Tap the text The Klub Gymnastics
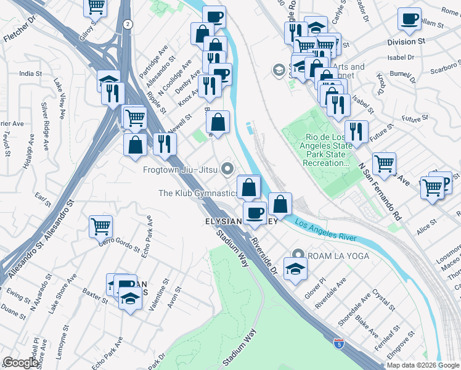(x=198, y=193)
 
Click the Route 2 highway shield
(x=126, y=24)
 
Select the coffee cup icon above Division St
(x=409, y=20)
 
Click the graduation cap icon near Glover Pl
(x=295, y=268)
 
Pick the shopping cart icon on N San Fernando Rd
(x=384, y=163)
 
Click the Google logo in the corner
(x=20, y=363)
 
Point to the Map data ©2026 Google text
(x=423, y=365)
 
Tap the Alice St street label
(x=426, y=228)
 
